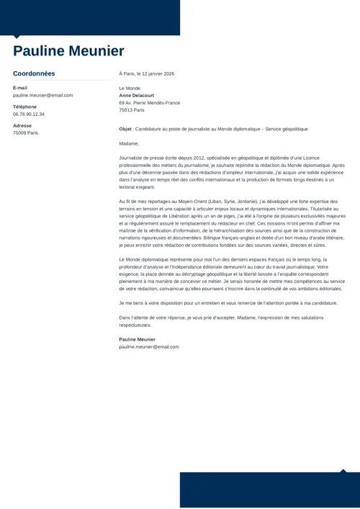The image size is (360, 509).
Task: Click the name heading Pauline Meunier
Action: (68, 51)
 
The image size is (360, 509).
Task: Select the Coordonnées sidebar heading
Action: (34, 73)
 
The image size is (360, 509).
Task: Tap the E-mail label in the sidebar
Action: (20, 88)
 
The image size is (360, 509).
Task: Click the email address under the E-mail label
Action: (42, 95)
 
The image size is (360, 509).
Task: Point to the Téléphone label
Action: (24, 107)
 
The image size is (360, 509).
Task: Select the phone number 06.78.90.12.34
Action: (29, 114)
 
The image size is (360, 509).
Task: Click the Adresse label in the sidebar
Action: (22, 125)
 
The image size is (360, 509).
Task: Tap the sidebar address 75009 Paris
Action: (25, 132)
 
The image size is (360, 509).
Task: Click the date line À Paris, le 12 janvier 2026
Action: (146, 73)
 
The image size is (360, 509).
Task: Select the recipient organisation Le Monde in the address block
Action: (130, 88)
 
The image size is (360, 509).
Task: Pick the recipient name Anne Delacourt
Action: (137, 95)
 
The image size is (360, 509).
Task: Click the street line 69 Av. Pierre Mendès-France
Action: (149, 103)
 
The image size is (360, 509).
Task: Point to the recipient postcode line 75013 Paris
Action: (131, 110)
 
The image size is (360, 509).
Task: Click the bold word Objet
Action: (125, 129)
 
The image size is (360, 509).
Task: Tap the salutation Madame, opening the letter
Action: (129, 143)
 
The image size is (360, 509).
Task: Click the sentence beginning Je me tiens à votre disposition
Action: (228, 303)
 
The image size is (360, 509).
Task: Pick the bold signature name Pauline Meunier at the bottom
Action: (137, 339)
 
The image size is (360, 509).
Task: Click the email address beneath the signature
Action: (149, 346)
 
